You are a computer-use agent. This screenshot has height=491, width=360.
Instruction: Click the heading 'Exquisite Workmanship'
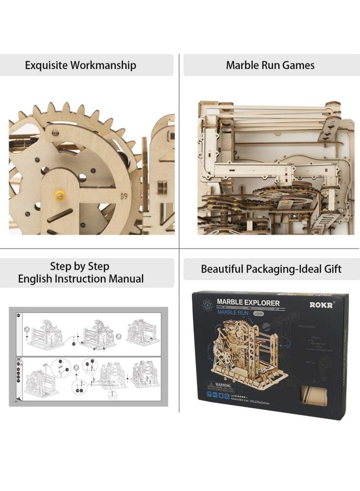(x=81, y=65)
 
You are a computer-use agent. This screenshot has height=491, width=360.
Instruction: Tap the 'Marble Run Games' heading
(x=270, y=65)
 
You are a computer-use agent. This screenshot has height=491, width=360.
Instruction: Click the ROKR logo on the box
(x=321, y=304)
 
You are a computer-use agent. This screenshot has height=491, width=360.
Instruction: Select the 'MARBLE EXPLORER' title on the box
(x=248, y=303)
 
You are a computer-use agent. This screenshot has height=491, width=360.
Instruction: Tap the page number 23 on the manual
(x=16, y=401)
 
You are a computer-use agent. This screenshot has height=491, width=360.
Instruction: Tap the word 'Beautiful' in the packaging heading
(x=222, y=269)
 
